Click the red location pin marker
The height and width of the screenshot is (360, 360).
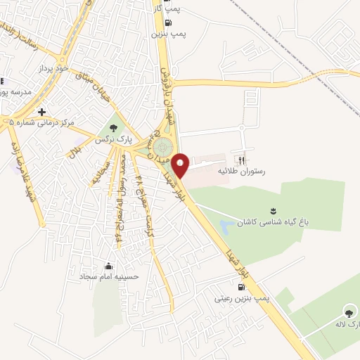click(181, 165)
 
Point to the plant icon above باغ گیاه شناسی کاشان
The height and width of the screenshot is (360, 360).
click(273, 210)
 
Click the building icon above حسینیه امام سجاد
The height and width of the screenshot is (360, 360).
click(109, 266)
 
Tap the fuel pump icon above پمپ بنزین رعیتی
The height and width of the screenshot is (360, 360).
click(242, 286)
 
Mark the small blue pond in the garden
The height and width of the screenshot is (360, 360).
click(226, 227)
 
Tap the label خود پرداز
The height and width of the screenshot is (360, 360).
click(55, 69)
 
